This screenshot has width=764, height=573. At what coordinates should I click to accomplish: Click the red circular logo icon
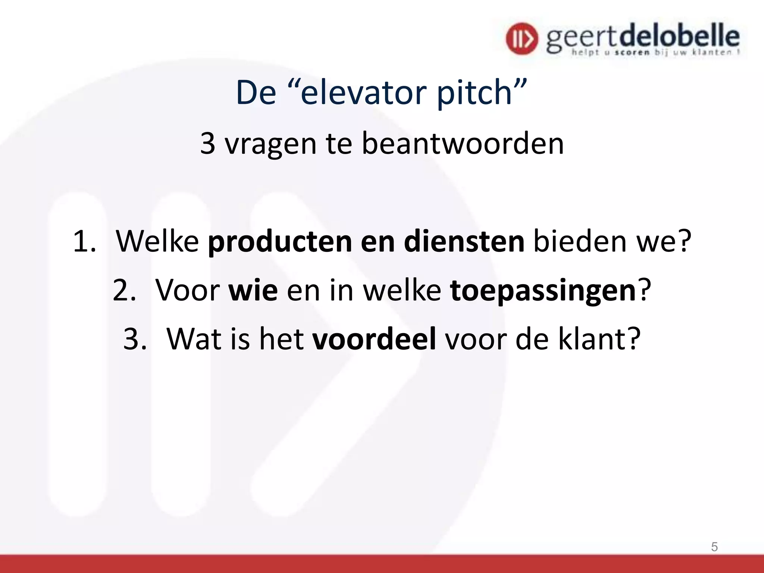click(x=522, y=38)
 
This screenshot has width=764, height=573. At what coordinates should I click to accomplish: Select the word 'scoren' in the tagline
click(x=632, y=53)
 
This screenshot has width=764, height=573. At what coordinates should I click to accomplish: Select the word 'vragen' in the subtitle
click(x=270, y=144)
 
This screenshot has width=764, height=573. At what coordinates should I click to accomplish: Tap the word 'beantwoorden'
click(x=463, y=144)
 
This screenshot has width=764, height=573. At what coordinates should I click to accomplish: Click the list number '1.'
click(x=85, y=241)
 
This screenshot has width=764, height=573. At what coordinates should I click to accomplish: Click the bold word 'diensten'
click(x=464, y=241)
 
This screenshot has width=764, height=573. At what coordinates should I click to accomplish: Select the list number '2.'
click(x=124, y=290)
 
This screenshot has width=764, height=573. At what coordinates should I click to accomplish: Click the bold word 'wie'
click(x=253, y=290)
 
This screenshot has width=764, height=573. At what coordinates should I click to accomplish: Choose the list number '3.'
click(x=135, y=339)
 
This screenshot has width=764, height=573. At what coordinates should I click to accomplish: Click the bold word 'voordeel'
click(x=374, y=339)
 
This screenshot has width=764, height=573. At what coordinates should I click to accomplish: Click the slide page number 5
click(x=714, y=547)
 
